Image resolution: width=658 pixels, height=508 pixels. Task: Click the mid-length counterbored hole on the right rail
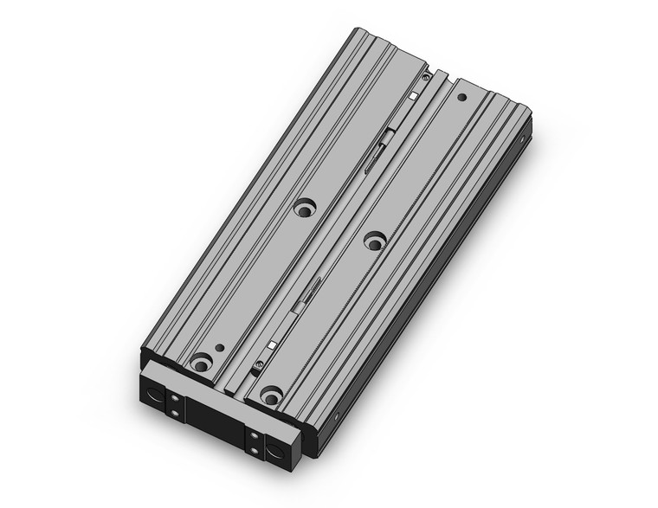coord(374,239)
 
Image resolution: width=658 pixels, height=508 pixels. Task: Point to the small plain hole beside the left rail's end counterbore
coord(220,348)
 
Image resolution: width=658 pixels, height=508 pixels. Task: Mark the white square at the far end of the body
coord(415,93)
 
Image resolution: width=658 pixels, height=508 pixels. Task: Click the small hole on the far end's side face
coord(524,137)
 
